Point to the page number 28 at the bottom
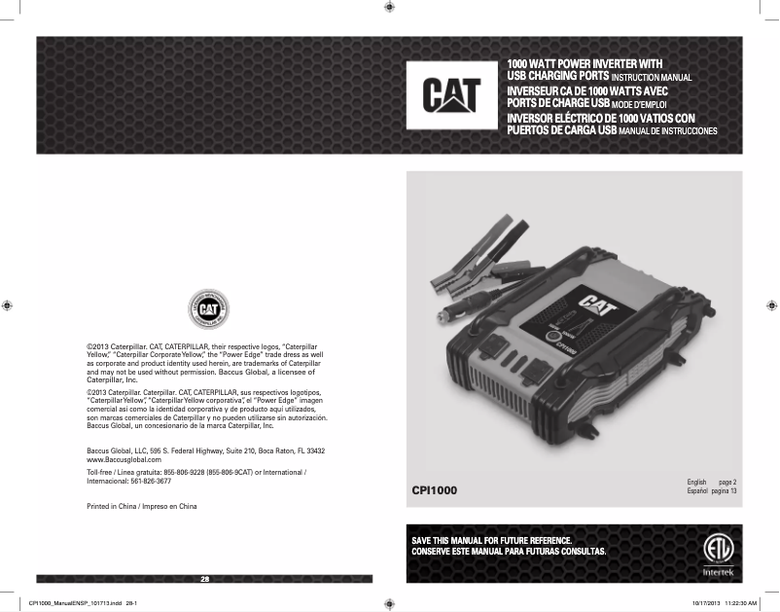204,580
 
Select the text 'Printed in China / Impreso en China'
142,507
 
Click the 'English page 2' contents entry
711,483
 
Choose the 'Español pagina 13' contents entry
711,491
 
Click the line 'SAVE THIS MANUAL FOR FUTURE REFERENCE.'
491,540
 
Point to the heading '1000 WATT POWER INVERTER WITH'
585,64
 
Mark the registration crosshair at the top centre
389,7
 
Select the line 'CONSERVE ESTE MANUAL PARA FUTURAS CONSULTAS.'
509,552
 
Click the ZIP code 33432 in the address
314,450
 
